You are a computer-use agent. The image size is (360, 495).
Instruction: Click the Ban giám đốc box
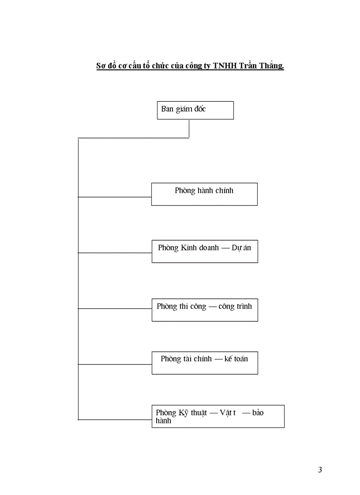(x=195, y=110)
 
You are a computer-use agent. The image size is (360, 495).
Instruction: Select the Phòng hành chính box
(x=204, y=194)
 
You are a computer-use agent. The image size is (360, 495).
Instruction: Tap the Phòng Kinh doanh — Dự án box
(x=205, y=251)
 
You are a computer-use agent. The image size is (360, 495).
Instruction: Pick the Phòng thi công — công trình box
(x=205, y=309)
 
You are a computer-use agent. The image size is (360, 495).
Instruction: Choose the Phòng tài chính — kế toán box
(x=205, y=363)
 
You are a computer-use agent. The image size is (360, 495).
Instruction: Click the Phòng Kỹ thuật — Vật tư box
(x=218, y=416)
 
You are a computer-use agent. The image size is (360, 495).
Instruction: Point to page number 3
(x=320, y=469)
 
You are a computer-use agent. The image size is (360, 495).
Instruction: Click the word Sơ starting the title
(x=101, y=66)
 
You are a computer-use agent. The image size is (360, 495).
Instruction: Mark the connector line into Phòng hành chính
(x=115, y=197)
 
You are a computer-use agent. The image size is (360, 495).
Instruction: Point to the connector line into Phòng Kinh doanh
(x=115, y=253)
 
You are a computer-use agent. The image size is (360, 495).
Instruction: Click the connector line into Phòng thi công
(x=115, y=309)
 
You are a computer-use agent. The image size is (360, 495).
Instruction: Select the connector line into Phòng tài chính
(x=115, y=364)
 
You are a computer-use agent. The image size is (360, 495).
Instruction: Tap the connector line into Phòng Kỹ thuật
(x=115, y=420)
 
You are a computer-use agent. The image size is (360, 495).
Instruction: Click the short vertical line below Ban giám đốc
(x=189, y=128)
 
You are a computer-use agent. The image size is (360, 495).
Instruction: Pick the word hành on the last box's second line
(x=163, y=421)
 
